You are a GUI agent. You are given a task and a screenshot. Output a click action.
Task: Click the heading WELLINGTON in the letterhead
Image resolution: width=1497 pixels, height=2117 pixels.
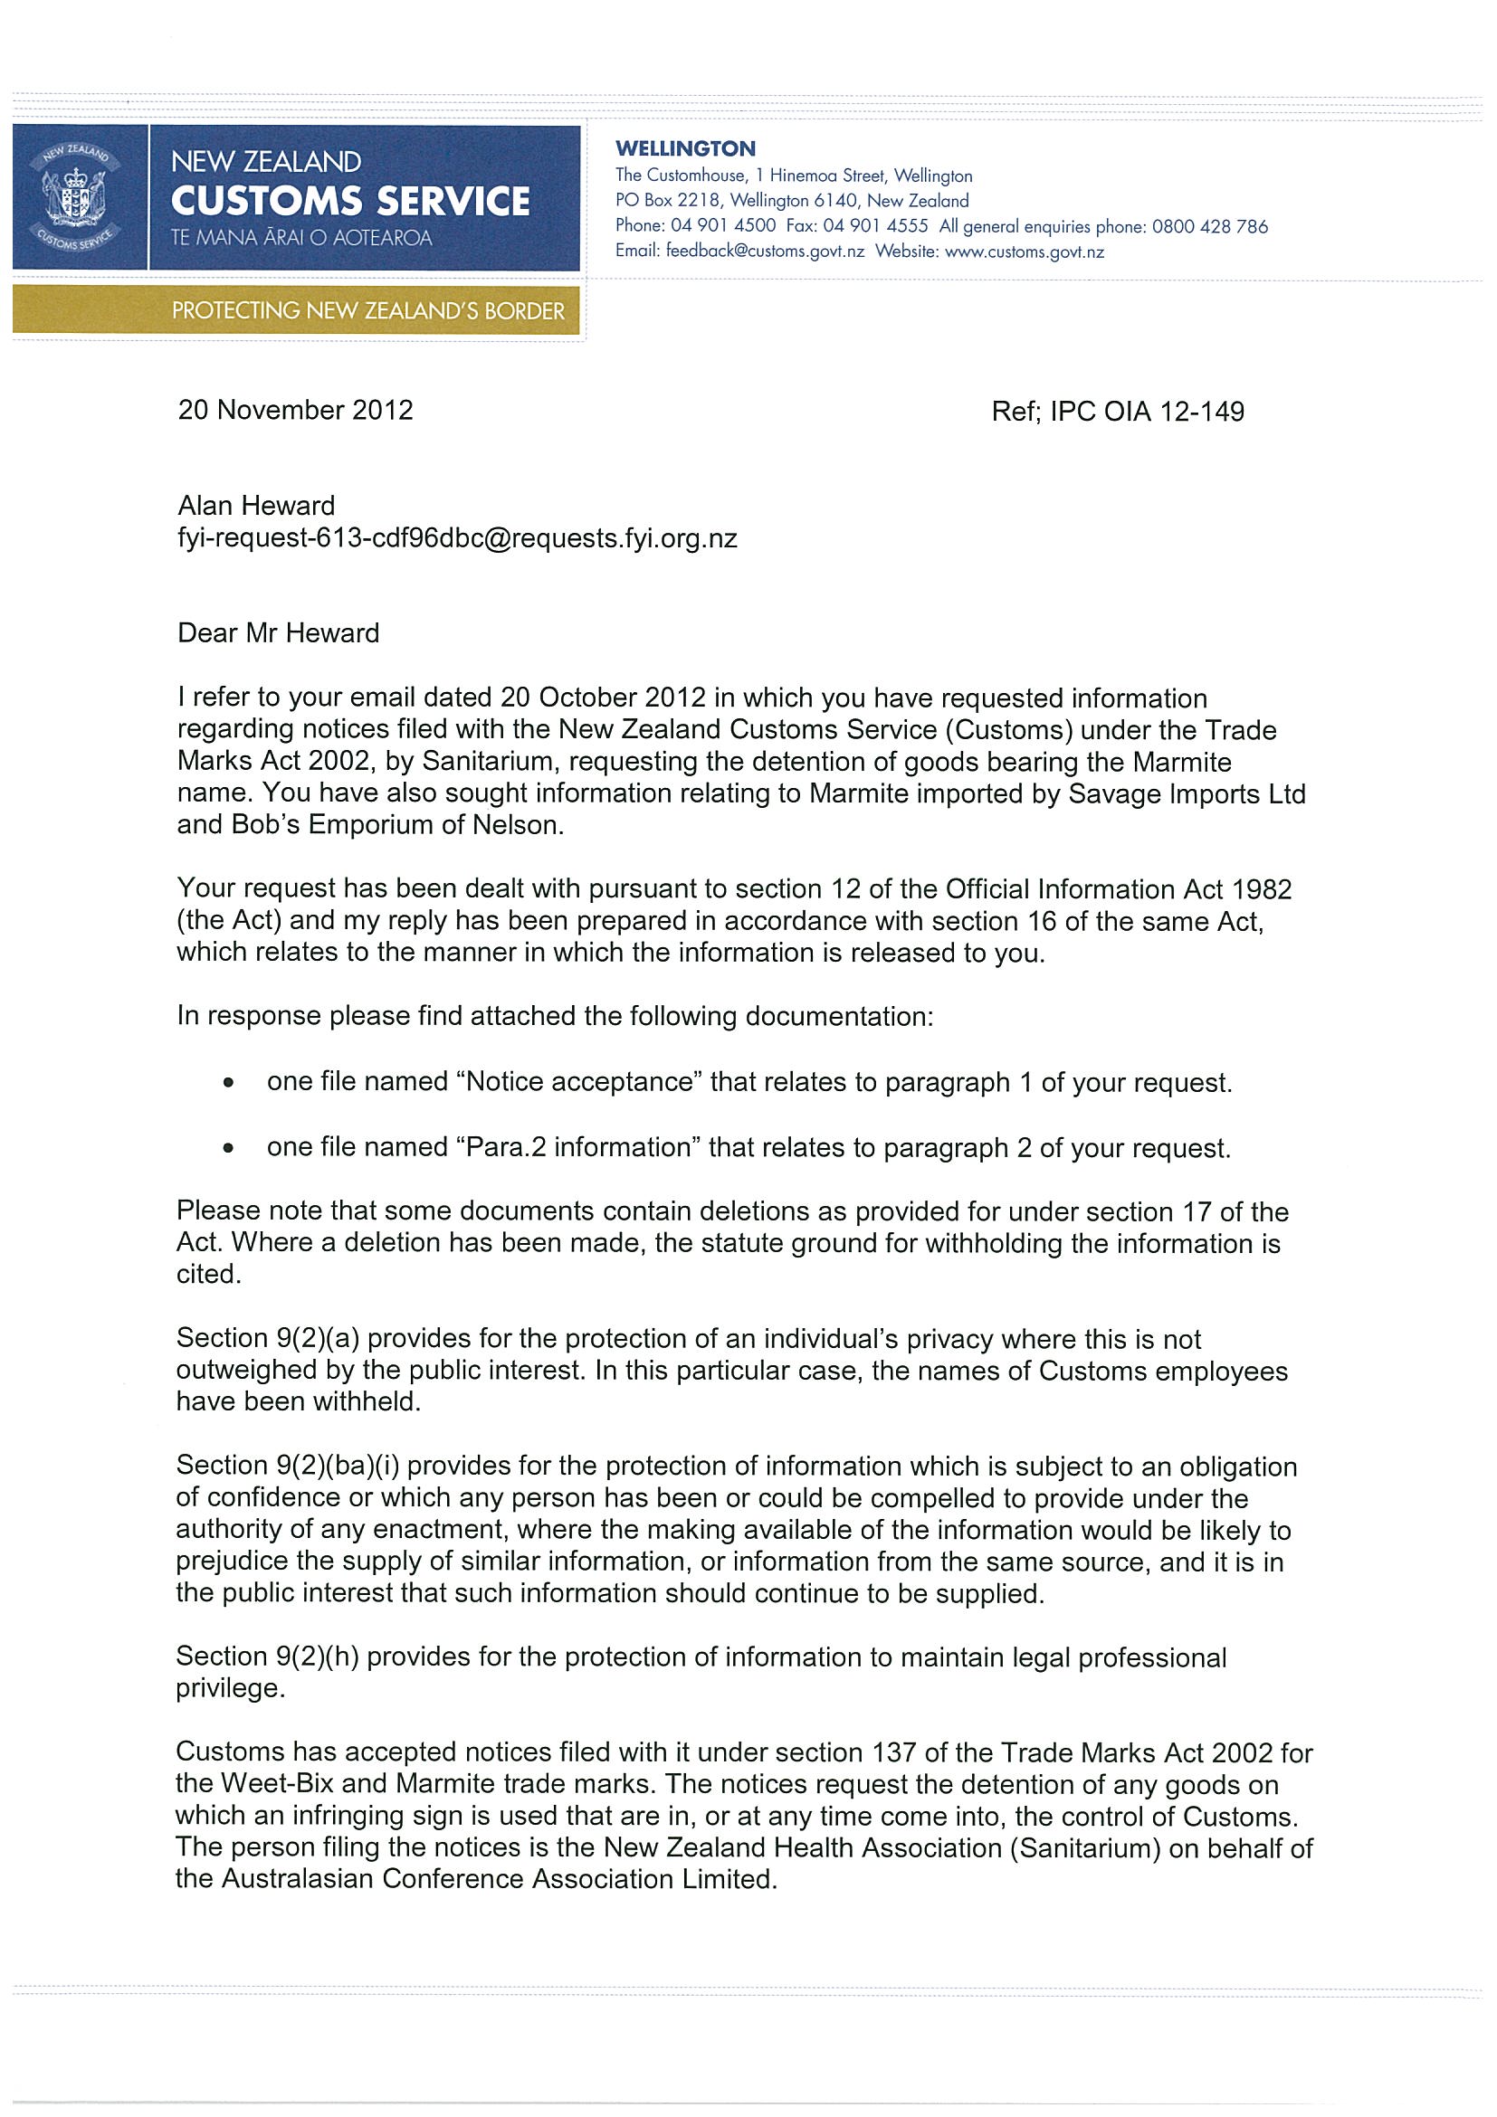(684, 148)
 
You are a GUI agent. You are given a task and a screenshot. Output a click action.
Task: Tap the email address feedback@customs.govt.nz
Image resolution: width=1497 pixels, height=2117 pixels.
(765, 252)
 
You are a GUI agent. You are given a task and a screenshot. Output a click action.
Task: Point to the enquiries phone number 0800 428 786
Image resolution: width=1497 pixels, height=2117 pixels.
(1209, 227)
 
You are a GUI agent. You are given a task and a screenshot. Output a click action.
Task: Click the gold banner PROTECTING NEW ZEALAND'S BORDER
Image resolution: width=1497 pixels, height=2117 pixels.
(367, 310)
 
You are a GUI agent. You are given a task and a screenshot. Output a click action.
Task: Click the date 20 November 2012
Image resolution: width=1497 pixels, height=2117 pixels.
(295, 411)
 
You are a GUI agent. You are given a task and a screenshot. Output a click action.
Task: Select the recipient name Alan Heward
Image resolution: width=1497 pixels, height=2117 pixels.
(255, 506)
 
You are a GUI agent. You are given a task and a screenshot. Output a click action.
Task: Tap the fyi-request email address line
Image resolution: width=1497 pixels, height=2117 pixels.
(456, 538)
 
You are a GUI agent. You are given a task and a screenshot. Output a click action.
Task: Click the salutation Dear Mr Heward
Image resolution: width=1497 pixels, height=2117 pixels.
(278, 633)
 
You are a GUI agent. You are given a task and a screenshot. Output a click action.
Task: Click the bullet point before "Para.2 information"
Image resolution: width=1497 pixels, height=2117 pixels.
(228, 1149)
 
